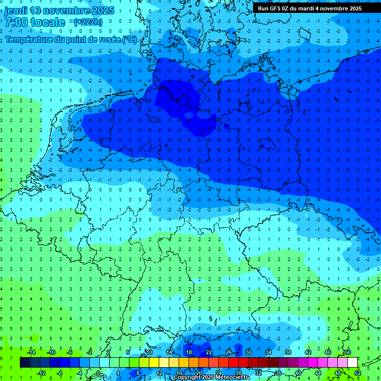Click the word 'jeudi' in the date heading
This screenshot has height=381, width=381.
[x=15, y=10]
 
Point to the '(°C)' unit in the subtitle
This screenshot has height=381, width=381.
[x=129, y=39]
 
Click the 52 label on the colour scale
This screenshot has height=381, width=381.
[x=357, y=373]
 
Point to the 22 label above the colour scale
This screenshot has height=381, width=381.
[x=209, y=352]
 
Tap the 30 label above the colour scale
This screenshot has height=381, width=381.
[x=249, y=352]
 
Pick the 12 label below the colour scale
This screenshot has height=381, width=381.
[x=159, y=373]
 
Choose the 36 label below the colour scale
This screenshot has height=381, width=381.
[x=278, y=373]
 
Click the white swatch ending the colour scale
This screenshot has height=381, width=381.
[x=352, y=363]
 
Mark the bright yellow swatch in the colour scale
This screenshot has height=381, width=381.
[x=154, y=363]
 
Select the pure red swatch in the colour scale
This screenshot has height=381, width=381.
[x=233, y=363]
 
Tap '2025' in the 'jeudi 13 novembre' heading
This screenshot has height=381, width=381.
[x=103, y=10]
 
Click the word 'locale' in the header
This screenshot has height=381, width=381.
[x=49, y=22]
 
